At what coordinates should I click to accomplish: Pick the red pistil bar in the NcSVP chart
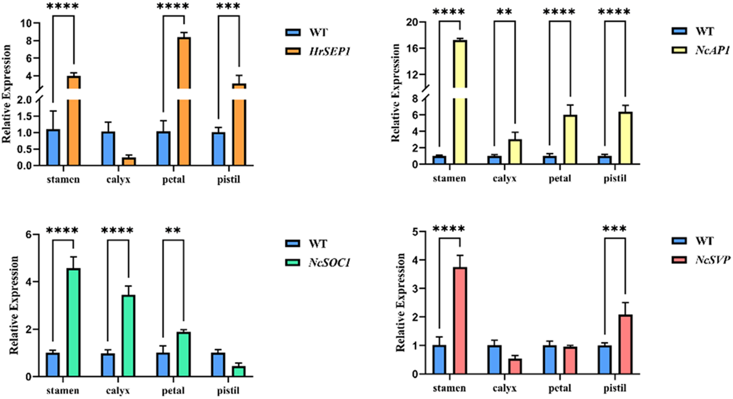[625, 344]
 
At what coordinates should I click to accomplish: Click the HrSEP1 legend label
[330, 52]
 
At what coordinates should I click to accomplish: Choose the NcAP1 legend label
[712, 50]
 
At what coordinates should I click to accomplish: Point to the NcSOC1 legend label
[330, 263]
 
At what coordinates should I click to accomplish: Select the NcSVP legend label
[713, 260]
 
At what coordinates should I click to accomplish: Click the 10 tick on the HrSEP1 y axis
[26, 24]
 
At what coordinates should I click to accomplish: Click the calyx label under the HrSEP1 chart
[118, 180]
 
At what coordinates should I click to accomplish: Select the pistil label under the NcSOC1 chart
[228, 391]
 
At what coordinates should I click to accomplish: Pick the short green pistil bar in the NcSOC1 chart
[239, 371]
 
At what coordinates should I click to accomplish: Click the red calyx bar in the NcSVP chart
[515, 366]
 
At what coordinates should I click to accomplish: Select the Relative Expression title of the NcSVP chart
[400, 302]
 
